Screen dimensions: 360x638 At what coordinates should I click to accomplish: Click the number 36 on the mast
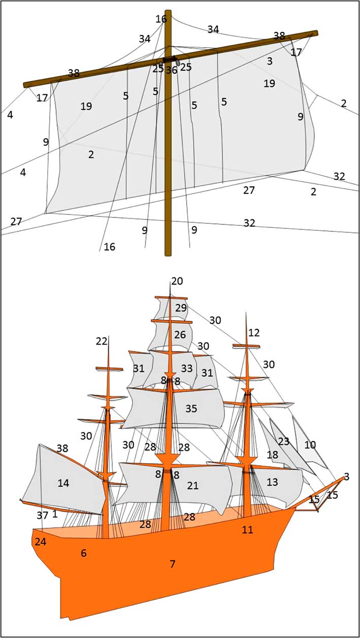(x=172, y=70)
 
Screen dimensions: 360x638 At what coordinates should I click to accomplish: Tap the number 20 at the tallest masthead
(x=177, y=281)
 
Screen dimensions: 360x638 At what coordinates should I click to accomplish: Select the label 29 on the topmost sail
(x=181, y=308)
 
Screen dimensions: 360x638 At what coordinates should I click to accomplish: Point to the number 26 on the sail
(x=180, y=334)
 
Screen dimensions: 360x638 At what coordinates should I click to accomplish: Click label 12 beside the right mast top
(x=254, y=332)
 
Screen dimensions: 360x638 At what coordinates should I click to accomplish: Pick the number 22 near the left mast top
(x=102, y=341)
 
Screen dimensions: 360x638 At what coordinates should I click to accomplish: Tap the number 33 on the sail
(x=187, y=368)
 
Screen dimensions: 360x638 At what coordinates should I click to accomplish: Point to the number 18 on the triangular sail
(x=273, y=455)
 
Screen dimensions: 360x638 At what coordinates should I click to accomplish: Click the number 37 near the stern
(x=43, y=515)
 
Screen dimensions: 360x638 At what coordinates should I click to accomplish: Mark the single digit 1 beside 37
(x=55, y=514)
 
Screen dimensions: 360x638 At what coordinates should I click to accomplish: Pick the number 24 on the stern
(x=41, y=542)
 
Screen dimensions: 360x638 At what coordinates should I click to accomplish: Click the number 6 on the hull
(x=83, y=553)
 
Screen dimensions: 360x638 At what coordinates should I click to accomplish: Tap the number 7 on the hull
(x=173, y=564)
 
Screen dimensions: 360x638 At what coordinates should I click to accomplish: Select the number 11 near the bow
(x=247, y=529)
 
